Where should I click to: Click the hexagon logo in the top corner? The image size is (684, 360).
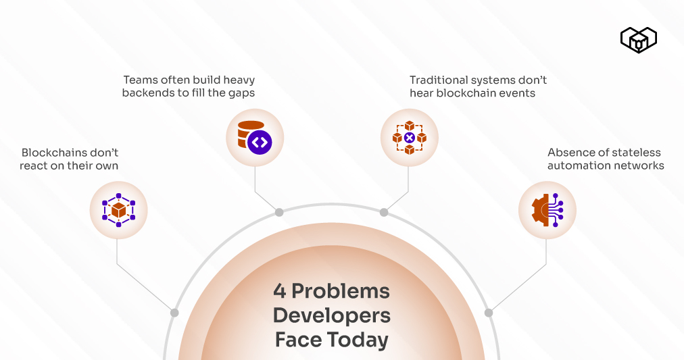coord(638,40)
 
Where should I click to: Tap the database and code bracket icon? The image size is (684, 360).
coord(255,137)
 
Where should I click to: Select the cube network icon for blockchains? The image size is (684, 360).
coord(118,210)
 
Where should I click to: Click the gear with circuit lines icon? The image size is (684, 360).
coord(547,210)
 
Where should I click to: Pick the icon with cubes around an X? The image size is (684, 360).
coord(410,137)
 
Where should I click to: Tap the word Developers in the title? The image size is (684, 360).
coord(331,315)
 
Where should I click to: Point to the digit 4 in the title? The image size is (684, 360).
coord(280,291)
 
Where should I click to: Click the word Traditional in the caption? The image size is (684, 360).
coord(437,80)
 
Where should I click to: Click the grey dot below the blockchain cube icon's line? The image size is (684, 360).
coord(174,313)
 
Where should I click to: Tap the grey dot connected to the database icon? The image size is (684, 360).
coord(279,212)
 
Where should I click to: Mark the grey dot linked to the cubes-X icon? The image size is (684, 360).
coord(384,212)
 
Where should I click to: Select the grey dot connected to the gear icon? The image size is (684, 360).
coord(489,313)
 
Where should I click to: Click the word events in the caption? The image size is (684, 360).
coord(516,93)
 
